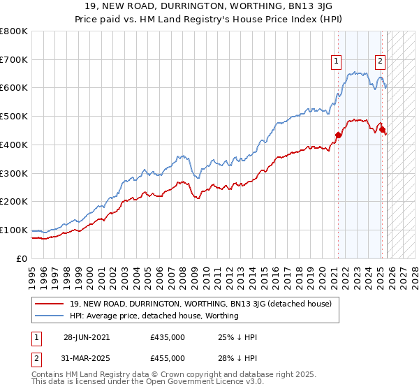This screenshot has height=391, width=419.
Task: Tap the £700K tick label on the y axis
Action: [14, 60]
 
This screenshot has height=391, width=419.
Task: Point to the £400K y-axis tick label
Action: [14, 145]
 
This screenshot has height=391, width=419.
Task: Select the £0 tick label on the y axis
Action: [21, 258]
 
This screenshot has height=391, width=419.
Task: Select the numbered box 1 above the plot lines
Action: [337, 61]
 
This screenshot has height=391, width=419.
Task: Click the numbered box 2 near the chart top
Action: [380, 61]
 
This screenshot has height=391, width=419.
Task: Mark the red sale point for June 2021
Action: [339, 135]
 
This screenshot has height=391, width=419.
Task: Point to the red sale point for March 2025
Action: [382, 129]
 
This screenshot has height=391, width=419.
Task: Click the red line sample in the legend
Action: [50, 304]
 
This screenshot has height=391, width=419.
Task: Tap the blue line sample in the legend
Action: [50, 316]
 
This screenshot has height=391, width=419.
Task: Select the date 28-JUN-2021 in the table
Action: [86, 337]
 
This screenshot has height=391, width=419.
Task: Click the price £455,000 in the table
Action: [168, 357]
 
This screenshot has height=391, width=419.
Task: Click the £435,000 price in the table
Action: [168, 337]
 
